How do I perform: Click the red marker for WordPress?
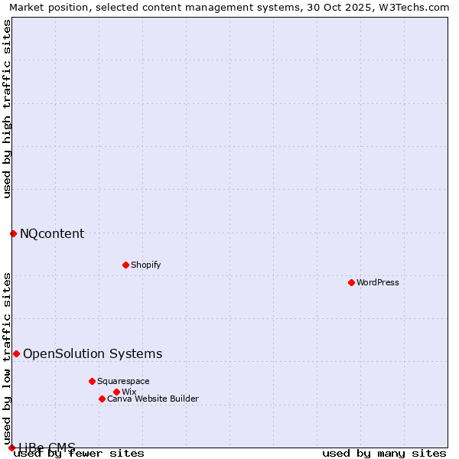pyautogui.click(x=351, y=282)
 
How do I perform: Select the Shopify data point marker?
pyautogui.click(x=125, y=265)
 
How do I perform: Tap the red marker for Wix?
pyautogui.click(x=116, y=392)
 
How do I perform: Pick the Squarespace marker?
pyautogui.click(x=92, y=381)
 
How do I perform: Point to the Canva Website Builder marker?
pyautogui.click(x=102, y=399)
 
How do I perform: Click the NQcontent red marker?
pyautogui.click(x=13, y=233)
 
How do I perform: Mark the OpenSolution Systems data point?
pyautogui.click(x=16, y=353)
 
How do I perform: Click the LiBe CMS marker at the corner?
pyautogui.click(x=11, y=448)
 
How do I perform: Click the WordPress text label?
pyautogui.click(x=378, y=282)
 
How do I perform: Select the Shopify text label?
pyautogui.click(x=145, y=265)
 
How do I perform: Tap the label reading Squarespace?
pyautogui.click(x=123, y=381)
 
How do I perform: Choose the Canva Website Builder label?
pyautogui.click(x=152, y=399)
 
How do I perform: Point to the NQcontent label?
pyautogui.click(x=52, y=233)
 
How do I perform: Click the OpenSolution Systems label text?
pyautogui.click(x=93, y=353)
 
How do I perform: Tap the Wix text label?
pyautogui.click(x=129, y=392)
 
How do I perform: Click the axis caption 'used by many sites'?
pyautogui.click(x=384, y=454)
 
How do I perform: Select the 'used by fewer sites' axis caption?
pyautogui.click(x=79, y=454)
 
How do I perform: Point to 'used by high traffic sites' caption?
pyautogui.click(x=7, y=109)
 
